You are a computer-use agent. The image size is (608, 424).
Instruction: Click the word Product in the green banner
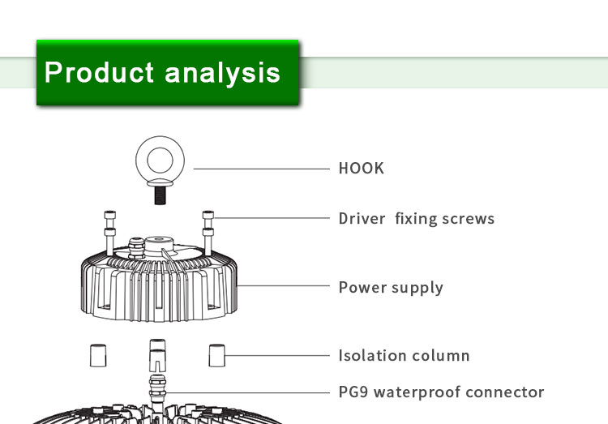100,73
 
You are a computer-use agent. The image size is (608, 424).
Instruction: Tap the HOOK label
361,169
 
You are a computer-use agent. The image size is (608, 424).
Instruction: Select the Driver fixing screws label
416,219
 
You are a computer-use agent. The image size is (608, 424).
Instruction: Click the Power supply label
391,288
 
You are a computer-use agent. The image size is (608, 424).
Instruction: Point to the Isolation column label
404,355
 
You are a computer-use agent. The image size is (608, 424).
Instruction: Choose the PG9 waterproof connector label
441,392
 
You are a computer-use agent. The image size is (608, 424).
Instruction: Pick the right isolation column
216,354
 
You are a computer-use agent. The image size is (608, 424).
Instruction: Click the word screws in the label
468,219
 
